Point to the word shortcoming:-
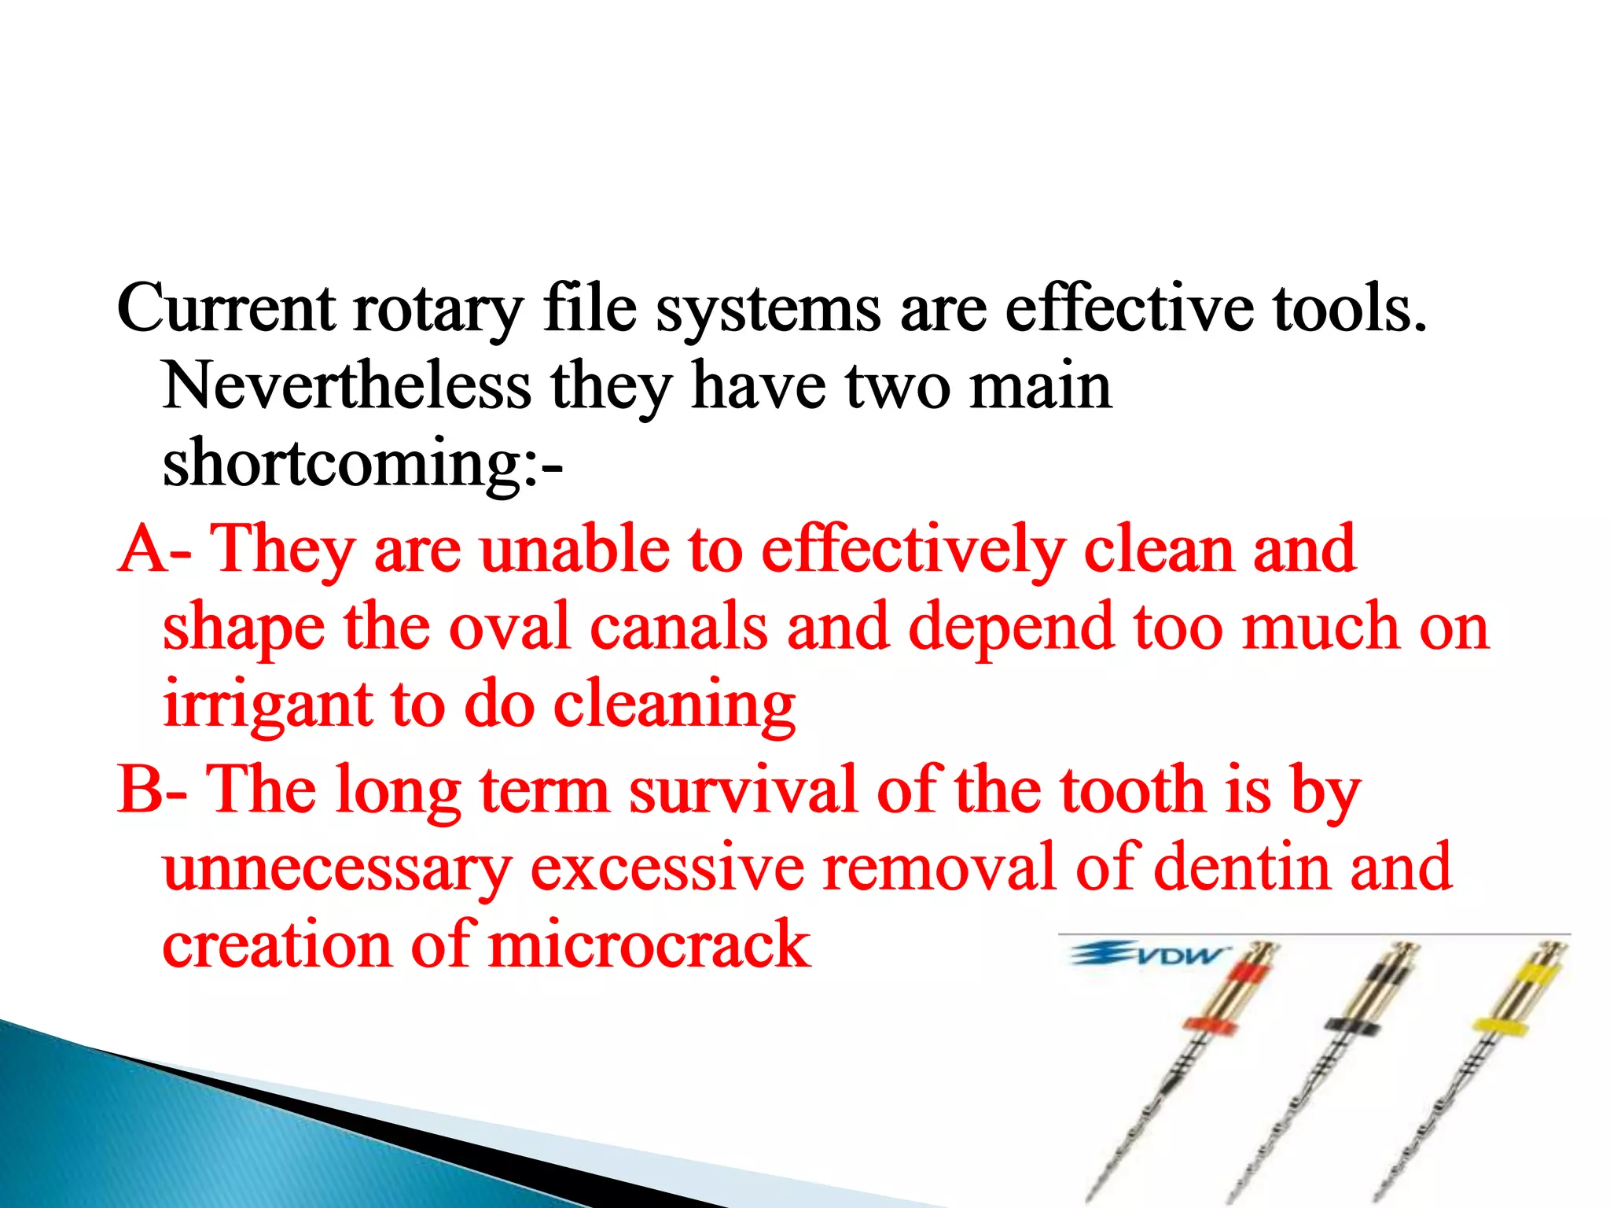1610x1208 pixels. pos(362,464)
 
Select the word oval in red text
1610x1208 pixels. pos(509,627)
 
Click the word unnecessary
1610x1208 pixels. pos(336,867)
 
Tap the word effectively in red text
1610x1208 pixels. pos(913,548)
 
